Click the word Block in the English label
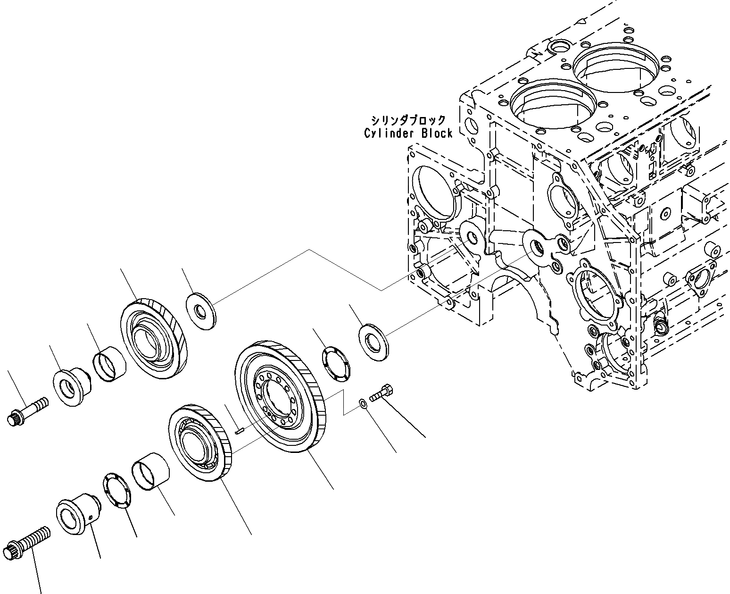pos(437,134)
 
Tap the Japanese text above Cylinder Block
pos(408,120)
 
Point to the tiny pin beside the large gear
pos(239,430)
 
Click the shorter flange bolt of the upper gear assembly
pos(28,410)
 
